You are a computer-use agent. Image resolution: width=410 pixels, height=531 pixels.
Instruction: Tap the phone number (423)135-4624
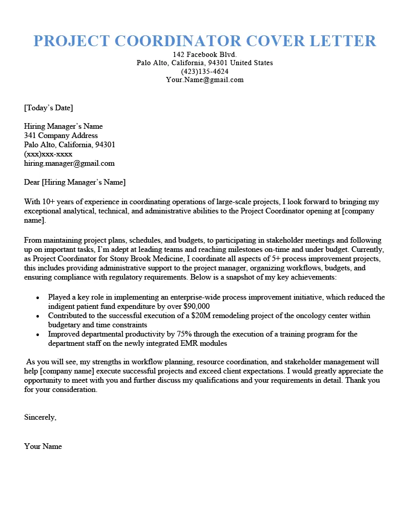tap(204, 71)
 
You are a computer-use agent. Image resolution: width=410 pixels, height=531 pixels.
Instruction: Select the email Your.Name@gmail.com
tap(204, 80)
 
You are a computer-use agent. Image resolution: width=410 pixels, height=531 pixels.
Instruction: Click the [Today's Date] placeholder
tap(49, 108)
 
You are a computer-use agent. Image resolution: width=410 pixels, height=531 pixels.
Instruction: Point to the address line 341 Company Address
tap(61, 135)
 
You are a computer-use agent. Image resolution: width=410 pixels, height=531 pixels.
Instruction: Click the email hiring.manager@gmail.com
tap(69, 163)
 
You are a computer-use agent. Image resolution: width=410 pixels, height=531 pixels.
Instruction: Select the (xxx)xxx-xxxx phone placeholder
tap(48, 154)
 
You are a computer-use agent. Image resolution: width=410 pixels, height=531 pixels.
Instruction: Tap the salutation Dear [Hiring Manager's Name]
tap(75, 182)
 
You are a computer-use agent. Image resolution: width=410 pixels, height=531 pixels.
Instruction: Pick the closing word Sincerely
tap(40, 417)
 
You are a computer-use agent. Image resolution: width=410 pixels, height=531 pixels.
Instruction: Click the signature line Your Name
tap(43, 446)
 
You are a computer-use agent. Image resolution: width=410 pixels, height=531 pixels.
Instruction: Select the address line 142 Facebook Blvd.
tap(204, 54)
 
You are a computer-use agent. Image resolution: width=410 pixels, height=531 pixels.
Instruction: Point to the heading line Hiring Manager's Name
tap(64, 126)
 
